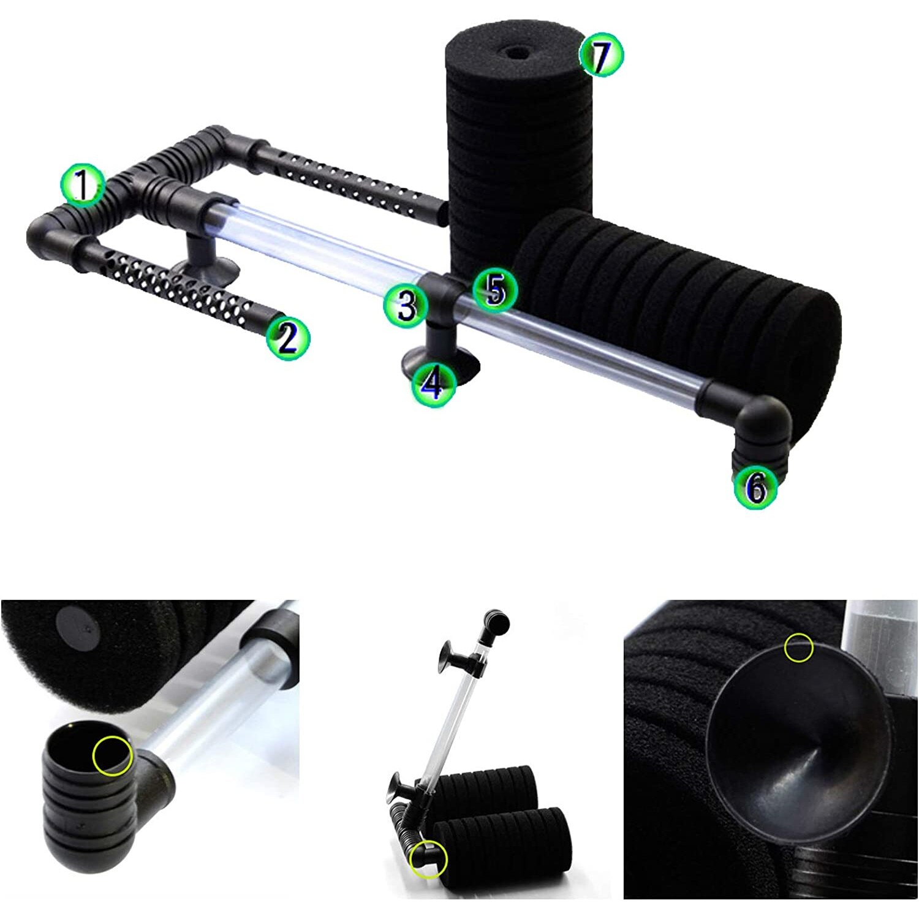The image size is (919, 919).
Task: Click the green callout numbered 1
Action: click(82, 185)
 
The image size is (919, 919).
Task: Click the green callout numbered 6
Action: click(755, 487)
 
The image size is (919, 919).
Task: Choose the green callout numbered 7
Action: click(601, 56)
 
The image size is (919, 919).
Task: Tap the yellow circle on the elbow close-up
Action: click(112, 755)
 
